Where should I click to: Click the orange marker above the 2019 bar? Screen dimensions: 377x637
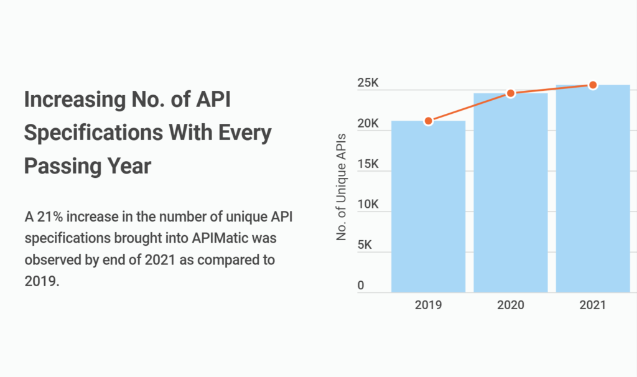[x=428, y=121]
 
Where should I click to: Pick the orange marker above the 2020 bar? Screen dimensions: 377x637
[x=511, y=93]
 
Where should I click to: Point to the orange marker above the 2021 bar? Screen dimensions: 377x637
[x=593, y=85]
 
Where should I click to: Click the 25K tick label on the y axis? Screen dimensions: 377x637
[x=368, y=83]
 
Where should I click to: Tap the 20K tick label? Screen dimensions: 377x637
[x=368, y=124]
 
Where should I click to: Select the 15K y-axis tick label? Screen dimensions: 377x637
[x=368, y=164]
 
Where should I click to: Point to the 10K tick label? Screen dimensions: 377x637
[x=368, y=205]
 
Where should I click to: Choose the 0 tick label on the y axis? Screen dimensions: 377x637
[x=361, y=286]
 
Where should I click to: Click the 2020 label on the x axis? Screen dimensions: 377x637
[x=511, y=305]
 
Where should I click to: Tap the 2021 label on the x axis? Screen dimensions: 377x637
[x=593, y=305]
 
